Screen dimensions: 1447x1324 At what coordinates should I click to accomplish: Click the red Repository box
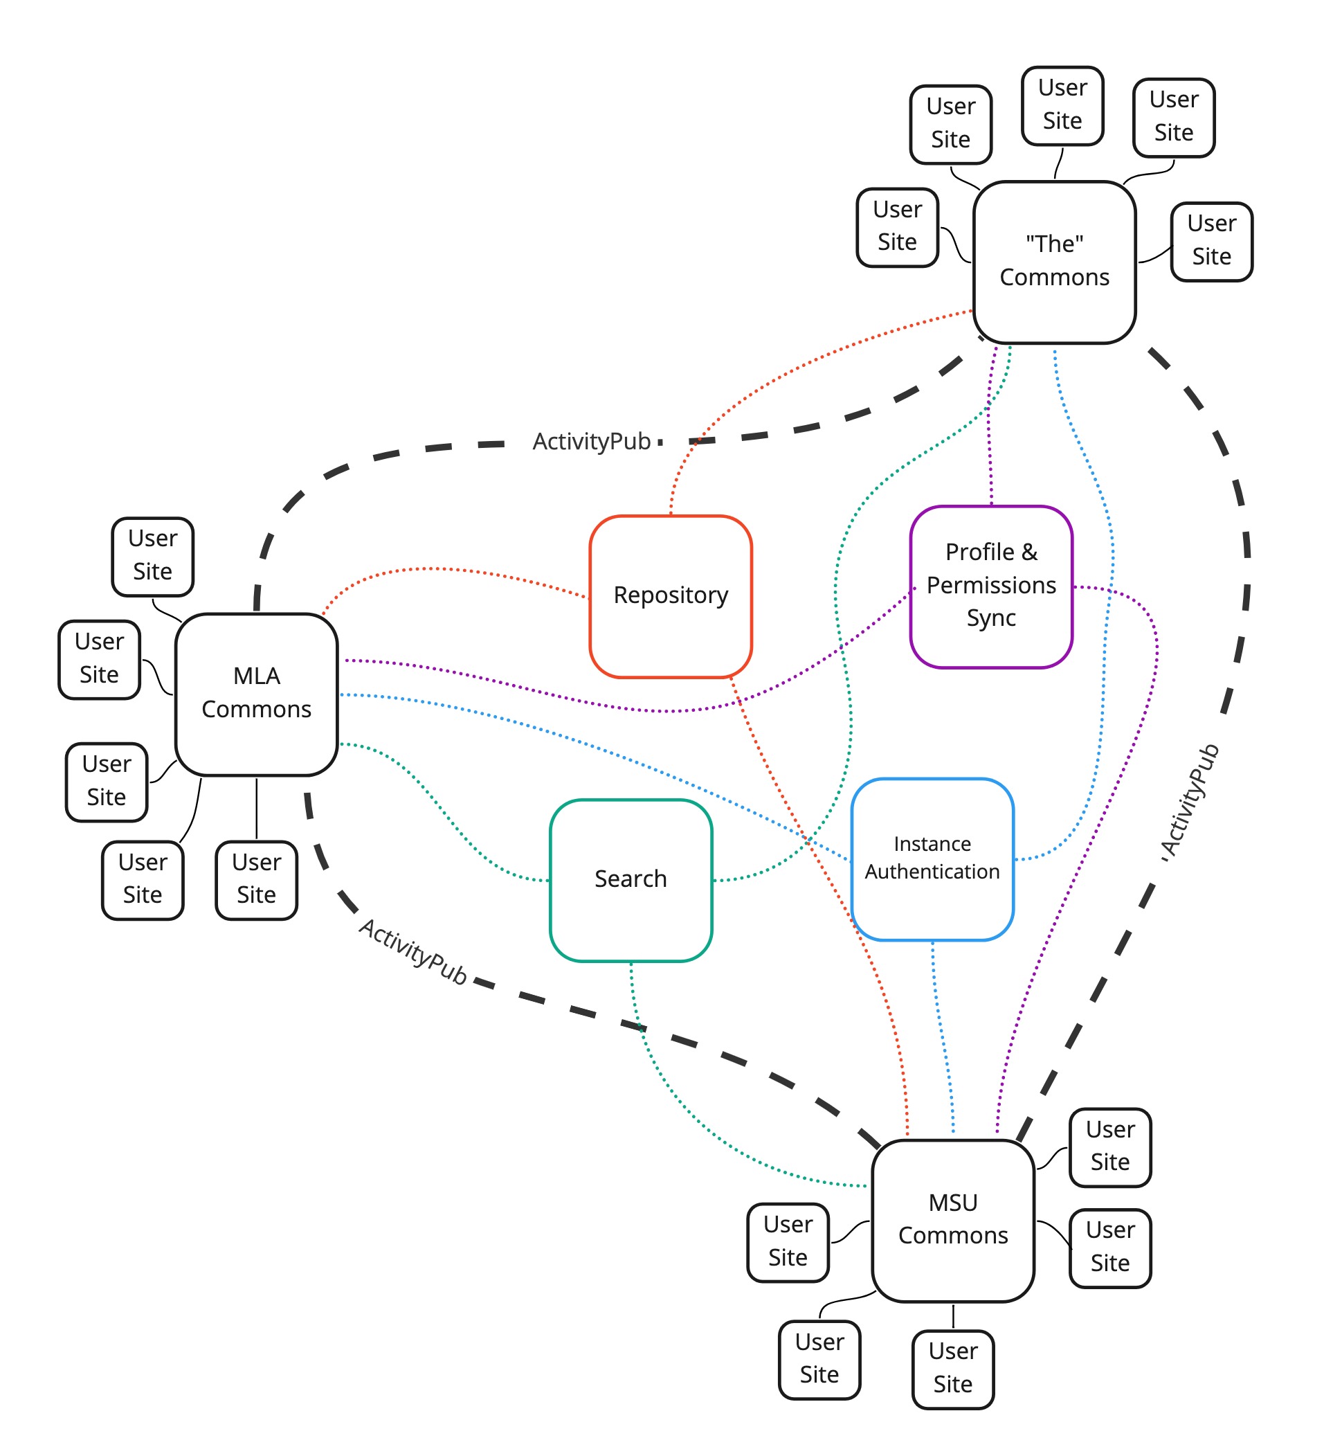670,595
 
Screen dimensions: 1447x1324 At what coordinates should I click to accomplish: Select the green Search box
630,879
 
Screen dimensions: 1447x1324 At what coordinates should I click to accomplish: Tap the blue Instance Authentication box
932,859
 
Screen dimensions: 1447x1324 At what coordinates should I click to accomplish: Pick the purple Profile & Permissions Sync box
990,586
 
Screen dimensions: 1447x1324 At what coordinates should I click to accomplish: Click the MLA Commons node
256,693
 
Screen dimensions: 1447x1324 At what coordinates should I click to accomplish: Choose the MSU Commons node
952,1219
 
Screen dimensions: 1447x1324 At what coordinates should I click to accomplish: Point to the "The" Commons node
1053,261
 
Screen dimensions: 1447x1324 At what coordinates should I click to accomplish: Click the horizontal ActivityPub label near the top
591,442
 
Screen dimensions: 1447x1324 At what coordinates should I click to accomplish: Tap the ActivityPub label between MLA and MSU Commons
412,952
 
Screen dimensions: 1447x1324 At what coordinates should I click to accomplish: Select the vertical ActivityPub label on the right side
1190,801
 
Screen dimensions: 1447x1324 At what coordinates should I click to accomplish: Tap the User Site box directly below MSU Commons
952,1368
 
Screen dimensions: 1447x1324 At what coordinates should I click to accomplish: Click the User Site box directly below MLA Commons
256,879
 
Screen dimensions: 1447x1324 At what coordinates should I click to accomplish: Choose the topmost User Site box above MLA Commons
152,555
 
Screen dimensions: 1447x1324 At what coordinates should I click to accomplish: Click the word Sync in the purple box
990,618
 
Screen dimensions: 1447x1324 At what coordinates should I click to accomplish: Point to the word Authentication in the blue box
932,872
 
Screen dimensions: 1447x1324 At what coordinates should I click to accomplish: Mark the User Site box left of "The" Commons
896,227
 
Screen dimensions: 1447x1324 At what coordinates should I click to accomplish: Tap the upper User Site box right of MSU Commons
1109,1147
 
